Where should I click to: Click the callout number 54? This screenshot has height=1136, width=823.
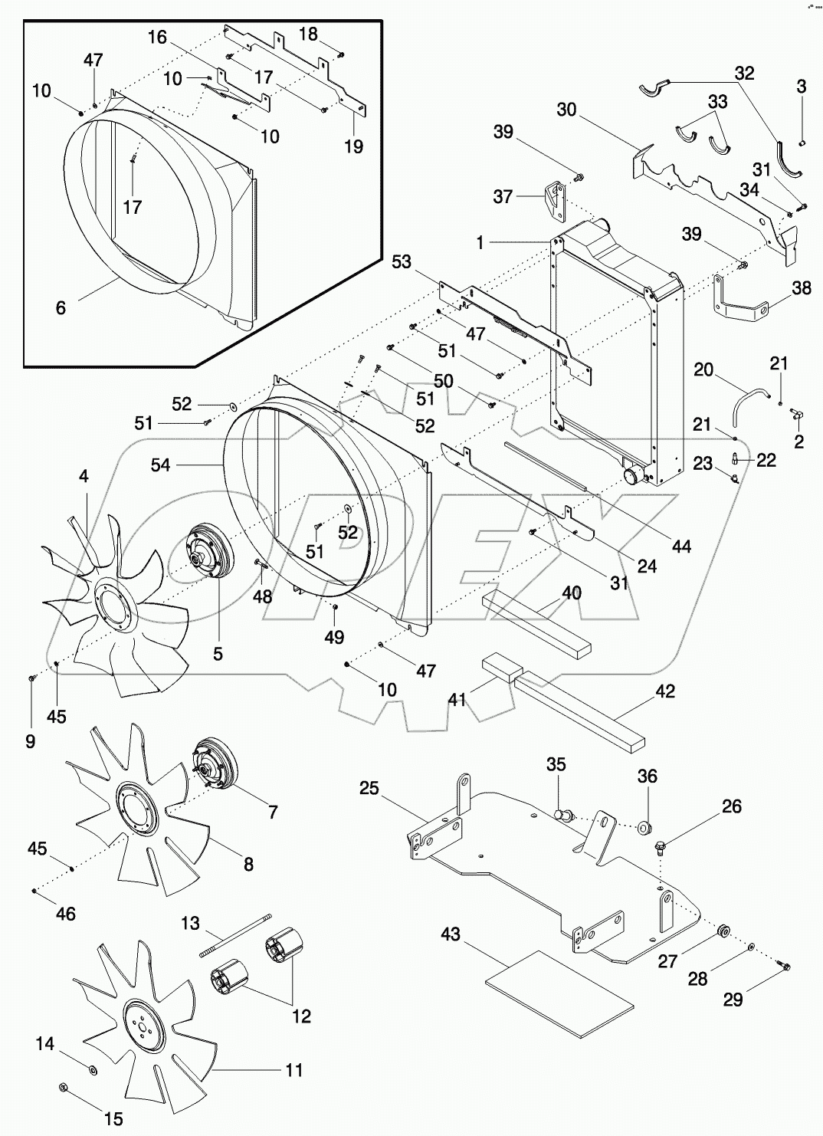(160, 465)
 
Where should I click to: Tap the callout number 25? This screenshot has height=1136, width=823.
(369, 788)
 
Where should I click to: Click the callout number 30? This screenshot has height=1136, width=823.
(566, 110)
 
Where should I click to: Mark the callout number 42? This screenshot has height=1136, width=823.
(665, 691)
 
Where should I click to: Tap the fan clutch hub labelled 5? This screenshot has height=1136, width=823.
(204, 560)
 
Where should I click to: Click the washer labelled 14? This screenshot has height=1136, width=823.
(92, 1069)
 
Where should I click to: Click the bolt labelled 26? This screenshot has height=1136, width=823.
(659, 848)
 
